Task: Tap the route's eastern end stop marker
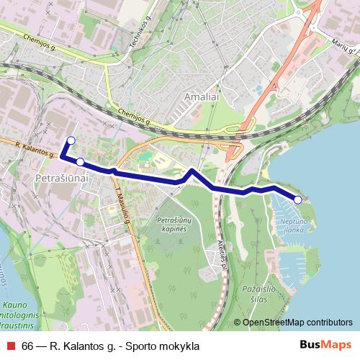(298, 199)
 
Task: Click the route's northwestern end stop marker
(71, 140)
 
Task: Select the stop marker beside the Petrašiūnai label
(80, 162)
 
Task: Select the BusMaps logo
(322, 346)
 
